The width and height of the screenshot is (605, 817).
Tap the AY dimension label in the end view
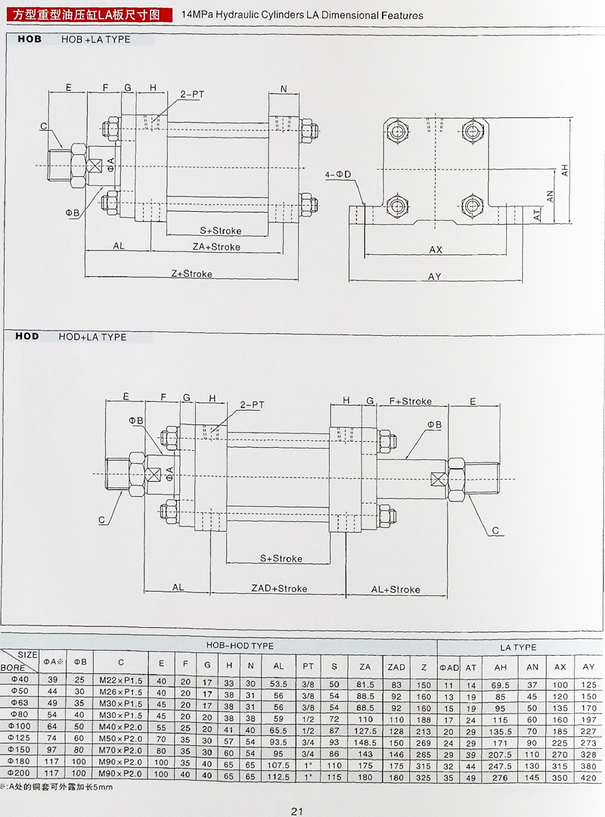[x=434, y=277]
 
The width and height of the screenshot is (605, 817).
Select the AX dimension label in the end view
[x=436, y=249]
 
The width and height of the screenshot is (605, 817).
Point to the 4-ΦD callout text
[x=339, y=175]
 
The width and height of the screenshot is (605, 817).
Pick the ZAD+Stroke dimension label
[x=279, y=588]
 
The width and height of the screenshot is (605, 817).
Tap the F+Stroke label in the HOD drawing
[x=410, y=401]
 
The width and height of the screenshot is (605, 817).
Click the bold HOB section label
[x=29, y=39]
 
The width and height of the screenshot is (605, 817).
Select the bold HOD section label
[x=29, y=336]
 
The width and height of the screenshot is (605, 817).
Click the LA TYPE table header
[x=518, y=648]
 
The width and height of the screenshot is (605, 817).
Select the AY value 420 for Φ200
[x=588, y=777]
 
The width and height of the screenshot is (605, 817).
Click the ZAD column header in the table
[x=396, y=666]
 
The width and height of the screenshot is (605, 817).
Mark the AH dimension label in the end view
[x=564, y=172]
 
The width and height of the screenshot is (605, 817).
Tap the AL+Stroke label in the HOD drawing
[x=395, y=589]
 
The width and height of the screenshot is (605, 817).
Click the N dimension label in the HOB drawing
[x=284, y=89]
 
